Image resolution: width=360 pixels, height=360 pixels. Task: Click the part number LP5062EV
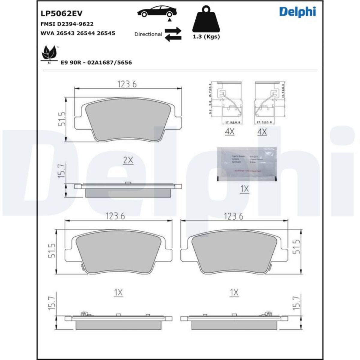pos(61,13)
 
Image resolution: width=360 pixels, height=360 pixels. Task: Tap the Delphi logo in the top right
pos(297,12)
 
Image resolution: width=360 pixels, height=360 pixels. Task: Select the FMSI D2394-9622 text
pos(67,24)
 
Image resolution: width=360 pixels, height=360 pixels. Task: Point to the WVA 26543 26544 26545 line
pos(77,33)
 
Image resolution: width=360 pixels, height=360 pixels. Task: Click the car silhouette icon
pos(157,12)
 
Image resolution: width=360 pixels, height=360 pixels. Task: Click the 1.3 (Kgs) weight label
pos(206,37)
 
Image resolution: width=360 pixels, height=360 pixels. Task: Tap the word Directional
pos(148,34)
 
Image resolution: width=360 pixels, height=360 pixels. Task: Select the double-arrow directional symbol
pos(173,34)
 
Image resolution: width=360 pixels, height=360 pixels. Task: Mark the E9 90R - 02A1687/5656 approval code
pos(96,63)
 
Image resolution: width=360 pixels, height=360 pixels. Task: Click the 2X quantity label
pos(128,161)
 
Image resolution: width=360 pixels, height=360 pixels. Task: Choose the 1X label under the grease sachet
pos(244,189)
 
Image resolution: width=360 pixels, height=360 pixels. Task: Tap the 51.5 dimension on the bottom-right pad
pos(296,247)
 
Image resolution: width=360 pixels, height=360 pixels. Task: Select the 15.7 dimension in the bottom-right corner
pos(296,303)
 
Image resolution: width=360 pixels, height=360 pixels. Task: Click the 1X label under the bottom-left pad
pos(118,292)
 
